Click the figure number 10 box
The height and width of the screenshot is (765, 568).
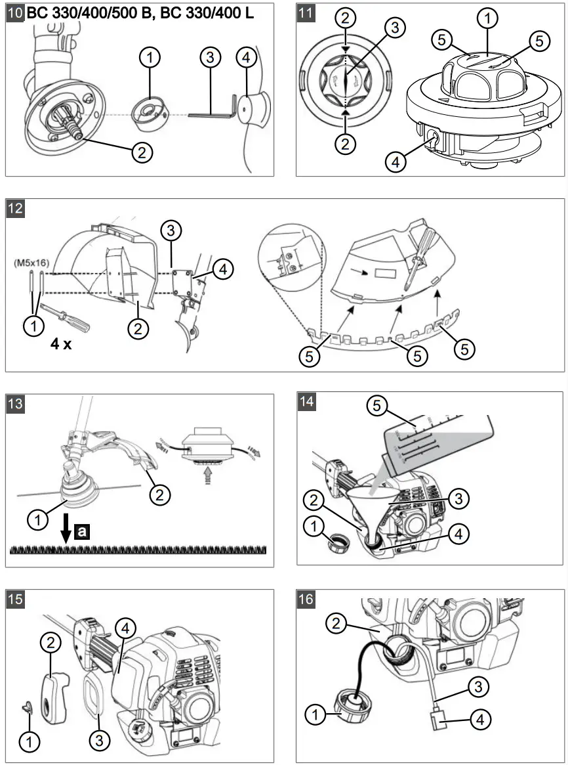(15, 13)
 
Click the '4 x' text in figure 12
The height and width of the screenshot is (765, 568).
(61, 343)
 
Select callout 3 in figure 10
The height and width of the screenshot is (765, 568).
(209, 58)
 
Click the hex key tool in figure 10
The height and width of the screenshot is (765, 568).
(211, 114)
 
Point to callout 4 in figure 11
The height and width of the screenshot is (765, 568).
(396, 161)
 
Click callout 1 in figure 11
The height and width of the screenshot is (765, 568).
(487, 19)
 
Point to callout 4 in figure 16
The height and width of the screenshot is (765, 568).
(481, 720)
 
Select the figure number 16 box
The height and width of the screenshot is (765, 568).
(306, 599)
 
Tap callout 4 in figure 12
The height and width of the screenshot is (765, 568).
(223, 269)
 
